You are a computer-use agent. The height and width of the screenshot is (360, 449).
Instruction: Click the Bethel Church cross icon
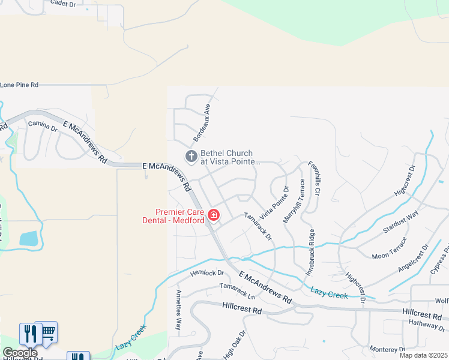191,157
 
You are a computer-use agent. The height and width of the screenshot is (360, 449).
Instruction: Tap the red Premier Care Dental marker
213,215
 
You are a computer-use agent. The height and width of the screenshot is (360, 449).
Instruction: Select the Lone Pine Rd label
19,85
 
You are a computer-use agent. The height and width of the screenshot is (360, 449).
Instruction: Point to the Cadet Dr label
63,4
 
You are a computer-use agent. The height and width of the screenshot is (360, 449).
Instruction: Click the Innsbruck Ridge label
312,253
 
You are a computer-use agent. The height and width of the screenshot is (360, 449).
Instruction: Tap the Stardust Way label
401,223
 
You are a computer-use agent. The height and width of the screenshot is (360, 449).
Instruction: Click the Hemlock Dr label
207,273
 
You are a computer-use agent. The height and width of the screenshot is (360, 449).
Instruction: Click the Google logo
20,353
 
